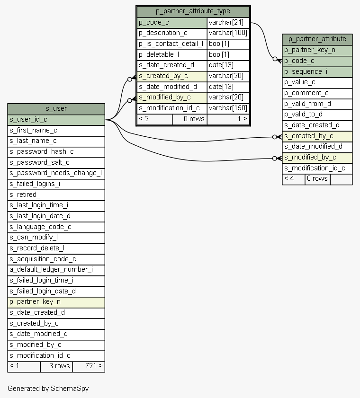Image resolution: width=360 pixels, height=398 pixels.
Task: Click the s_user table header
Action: point(56,108)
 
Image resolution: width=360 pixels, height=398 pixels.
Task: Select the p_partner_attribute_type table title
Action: point(193,11)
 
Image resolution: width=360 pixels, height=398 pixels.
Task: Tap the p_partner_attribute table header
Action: point(317,39)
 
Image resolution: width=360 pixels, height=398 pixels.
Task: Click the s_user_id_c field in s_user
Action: point(56,120)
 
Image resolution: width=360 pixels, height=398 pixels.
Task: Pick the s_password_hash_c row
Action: point(56,152)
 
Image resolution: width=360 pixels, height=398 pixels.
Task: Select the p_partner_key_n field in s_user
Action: point(56,301)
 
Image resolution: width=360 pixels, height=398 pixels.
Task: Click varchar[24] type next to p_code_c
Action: point(228,22)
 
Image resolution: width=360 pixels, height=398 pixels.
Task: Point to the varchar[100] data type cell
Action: point(228,33)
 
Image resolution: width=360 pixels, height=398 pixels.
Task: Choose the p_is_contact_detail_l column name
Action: point(171,44)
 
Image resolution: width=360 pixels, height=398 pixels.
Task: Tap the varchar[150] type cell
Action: point(228,108)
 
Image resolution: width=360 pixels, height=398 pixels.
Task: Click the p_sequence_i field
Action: point(317,71)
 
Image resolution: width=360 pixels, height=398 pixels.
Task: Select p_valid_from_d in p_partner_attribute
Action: point(317,104)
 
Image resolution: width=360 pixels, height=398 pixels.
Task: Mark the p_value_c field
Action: point(317,82)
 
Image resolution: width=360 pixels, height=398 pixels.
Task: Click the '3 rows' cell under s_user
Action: point(59,366)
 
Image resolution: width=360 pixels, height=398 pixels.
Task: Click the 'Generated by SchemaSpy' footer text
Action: point(48,389)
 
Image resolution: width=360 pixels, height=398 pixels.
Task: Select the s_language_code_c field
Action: point(56,227)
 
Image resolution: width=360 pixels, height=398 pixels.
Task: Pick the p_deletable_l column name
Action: point(171,54)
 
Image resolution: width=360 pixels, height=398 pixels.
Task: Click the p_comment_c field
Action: point(317,93)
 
